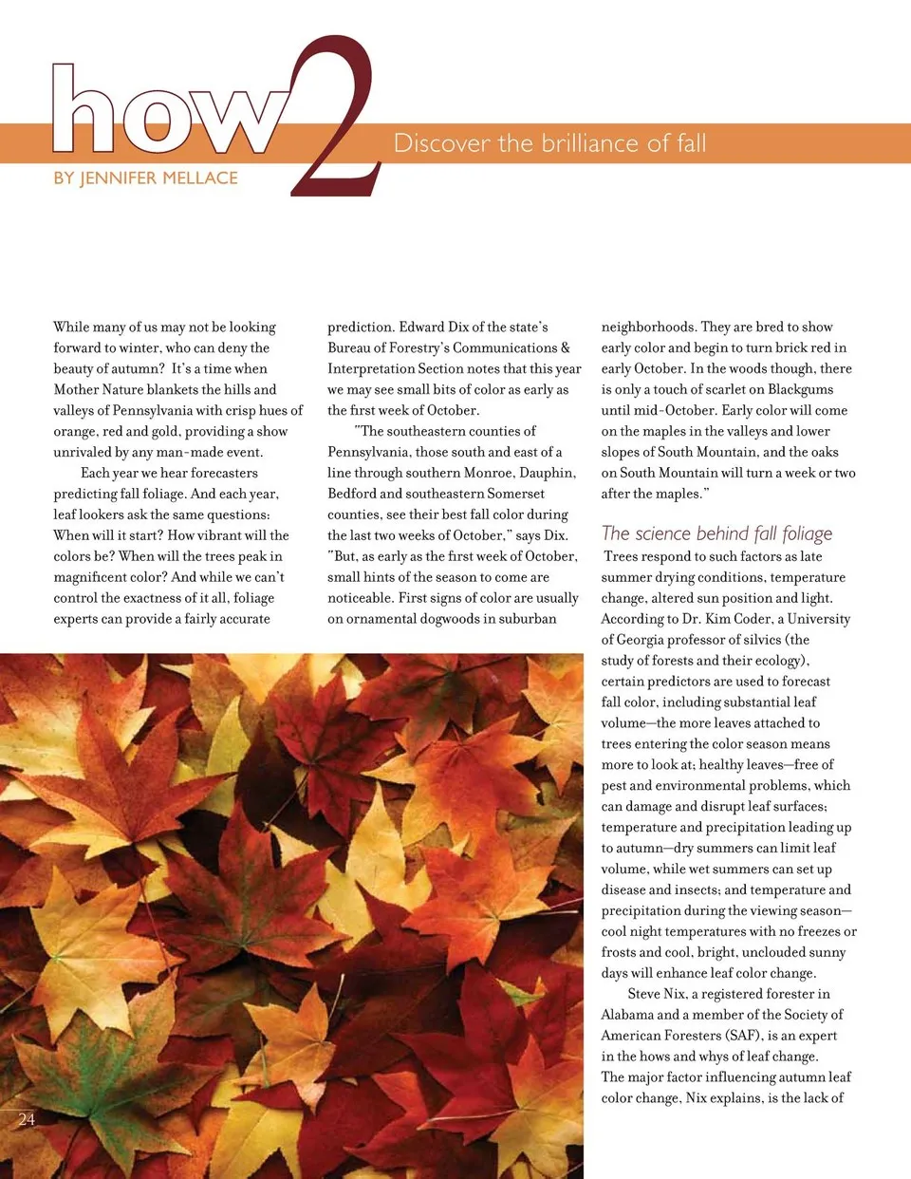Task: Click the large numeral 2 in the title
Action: pos(334,119)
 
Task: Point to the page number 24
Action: pos(27,1119)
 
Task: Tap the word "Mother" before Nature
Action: pos(78,389)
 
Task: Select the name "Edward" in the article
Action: pos(422,327)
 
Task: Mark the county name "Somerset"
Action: pos(516,494)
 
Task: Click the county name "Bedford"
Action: pos(352,494)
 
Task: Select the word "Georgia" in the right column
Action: pos(642,640)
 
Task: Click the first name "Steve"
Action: pos(643,994)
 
